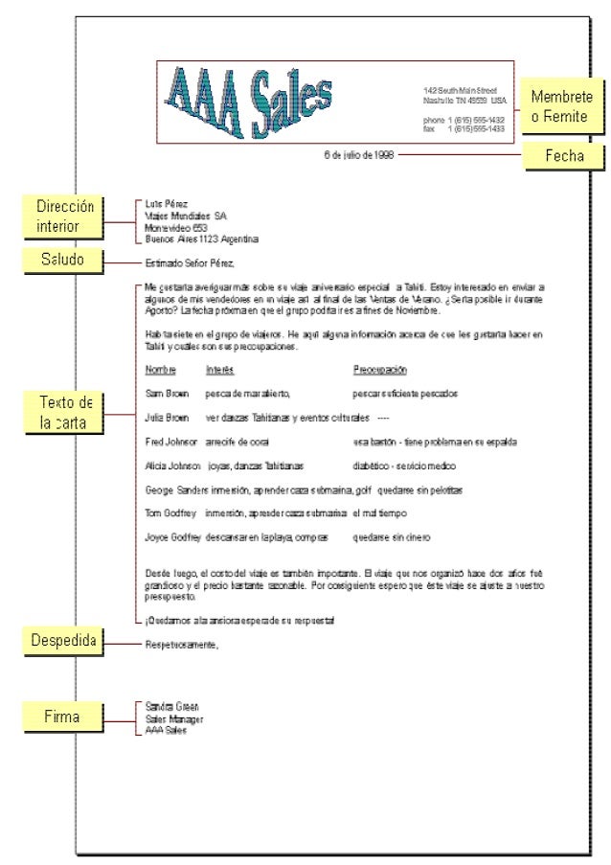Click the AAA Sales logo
(x=248, y=101)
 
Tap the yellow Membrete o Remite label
(x=561, y=106)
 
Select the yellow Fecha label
(x=564, y=155)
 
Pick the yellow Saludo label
(x=62, y=261)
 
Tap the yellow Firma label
(x=62, y=717)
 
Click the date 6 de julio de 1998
(x=358, y=154)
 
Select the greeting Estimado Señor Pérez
(x=190, y=262)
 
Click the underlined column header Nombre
(x=161, y=370)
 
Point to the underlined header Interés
(x=219, y=370)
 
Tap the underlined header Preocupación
(x=380, y=370)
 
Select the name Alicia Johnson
(x=172, y=467)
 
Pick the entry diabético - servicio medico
(x=403, y=467)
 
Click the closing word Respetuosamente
(x=182, y=644)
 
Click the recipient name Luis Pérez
(x=166, y=204)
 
